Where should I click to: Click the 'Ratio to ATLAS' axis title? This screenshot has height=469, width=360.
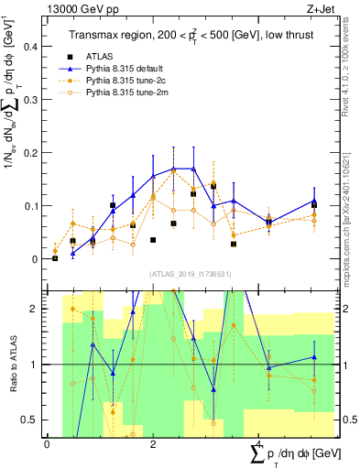click(12, 365)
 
